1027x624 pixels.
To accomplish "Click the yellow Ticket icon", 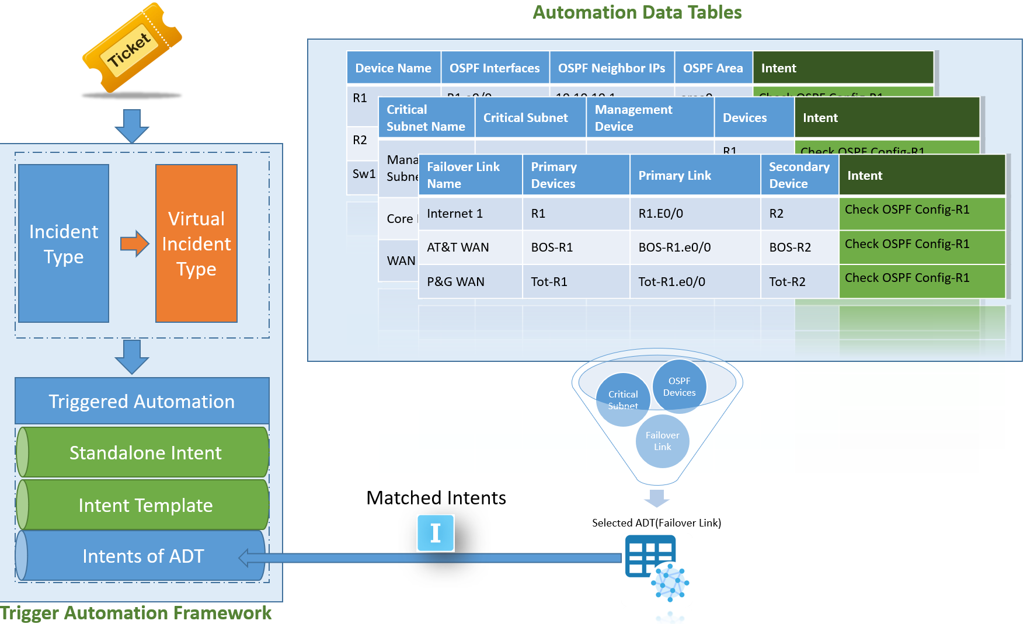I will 132,48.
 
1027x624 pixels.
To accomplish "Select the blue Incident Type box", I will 64,243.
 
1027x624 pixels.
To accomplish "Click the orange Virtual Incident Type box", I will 196,243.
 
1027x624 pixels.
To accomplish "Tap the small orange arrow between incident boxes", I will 134,243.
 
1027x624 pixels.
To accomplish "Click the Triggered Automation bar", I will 142,401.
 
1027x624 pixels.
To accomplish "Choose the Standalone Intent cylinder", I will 145,452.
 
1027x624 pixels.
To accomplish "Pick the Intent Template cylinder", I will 145,505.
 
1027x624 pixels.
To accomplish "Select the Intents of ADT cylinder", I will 142,556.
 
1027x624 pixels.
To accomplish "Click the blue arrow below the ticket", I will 132,126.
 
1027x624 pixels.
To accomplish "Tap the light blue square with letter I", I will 436,533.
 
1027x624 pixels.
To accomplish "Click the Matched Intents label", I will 436,497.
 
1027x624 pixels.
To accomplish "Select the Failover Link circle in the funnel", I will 662,441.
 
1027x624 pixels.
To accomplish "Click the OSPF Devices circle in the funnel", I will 679,386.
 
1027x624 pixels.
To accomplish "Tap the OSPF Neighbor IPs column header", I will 611,68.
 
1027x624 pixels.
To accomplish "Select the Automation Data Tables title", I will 636,12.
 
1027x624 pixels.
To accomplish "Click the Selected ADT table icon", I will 650,556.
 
